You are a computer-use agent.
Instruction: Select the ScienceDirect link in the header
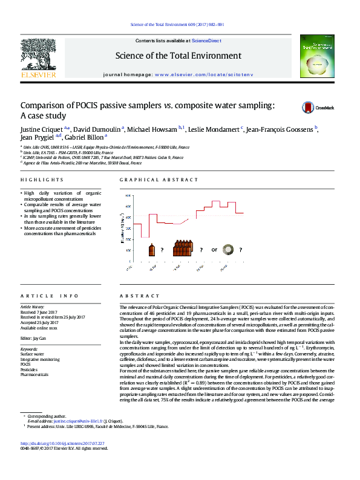[206, 41]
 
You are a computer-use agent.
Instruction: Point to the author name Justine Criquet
[42, 129]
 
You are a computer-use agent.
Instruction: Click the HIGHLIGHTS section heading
[42, 180]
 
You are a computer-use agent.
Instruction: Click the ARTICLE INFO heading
[50, 296]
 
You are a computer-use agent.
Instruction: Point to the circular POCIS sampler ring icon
[228, 248]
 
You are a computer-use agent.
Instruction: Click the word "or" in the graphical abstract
[214, 249]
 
